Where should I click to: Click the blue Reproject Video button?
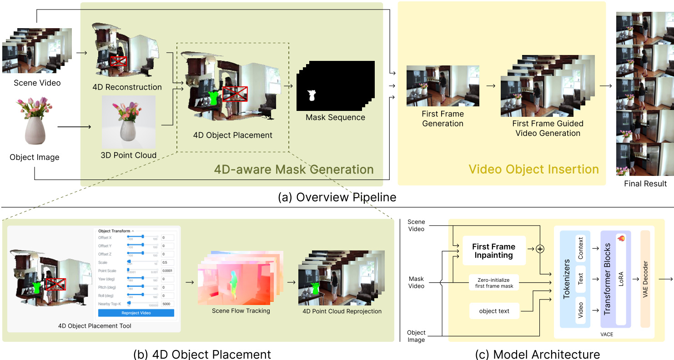click(136, 313)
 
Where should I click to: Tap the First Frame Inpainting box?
click(493, 251)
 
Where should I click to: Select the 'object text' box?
click(494, 311)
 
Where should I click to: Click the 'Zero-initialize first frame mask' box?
click(494, 283)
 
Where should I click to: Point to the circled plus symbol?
click(540, 249)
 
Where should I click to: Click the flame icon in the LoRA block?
click(621, 238)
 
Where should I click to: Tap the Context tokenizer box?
click(580, 248)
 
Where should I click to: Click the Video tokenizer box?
click(580, 310)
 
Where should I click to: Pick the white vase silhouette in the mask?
click(312, 95)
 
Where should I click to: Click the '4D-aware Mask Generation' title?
click(294, 170)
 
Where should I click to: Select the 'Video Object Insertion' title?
click(533, 170)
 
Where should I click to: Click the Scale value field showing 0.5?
click(167, 263)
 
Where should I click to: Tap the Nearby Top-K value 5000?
click(167, 303)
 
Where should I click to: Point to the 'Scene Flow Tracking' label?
click(241, 311)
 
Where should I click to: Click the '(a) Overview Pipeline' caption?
click(337, 198)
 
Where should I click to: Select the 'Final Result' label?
click(645, 184)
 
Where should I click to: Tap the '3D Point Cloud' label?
click(129, 155)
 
